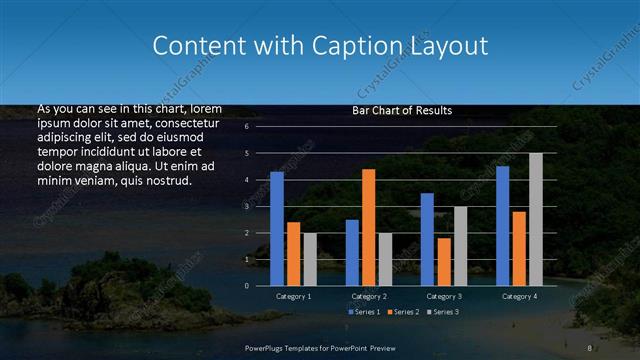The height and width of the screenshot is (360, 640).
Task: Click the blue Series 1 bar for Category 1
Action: [x=277, y=229]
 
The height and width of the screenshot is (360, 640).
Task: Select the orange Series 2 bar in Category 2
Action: [x=368, y=227]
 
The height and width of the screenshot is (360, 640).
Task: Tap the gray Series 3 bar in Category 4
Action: [x=536, y=219]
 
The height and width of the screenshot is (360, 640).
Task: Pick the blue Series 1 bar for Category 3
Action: [x=427, y=239]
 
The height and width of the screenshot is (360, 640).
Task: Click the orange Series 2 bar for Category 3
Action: [x=443, y=261]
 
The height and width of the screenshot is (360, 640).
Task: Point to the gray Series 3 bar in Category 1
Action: [x=310, y=259]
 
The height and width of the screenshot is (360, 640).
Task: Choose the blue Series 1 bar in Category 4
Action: [x=502, y=226]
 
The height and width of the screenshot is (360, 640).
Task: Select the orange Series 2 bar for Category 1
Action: [x=293, y=254]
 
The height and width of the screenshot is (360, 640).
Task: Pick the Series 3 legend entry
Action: [x=444, y=312]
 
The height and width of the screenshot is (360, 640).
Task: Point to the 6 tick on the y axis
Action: [x=246, y=127]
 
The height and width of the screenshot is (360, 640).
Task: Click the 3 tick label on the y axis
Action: [x=246, y=206]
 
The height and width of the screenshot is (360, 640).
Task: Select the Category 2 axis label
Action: [x=368, y=297]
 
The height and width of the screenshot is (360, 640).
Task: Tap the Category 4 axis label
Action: [x=519, y=297]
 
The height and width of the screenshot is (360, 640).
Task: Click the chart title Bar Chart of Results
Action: [x=402, y=111]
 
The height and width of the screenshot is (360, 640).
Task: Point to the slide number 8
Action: [x=590, y=347]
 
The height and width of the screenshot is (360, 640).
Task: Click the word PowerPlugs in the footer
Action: [x=267, y=347]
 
